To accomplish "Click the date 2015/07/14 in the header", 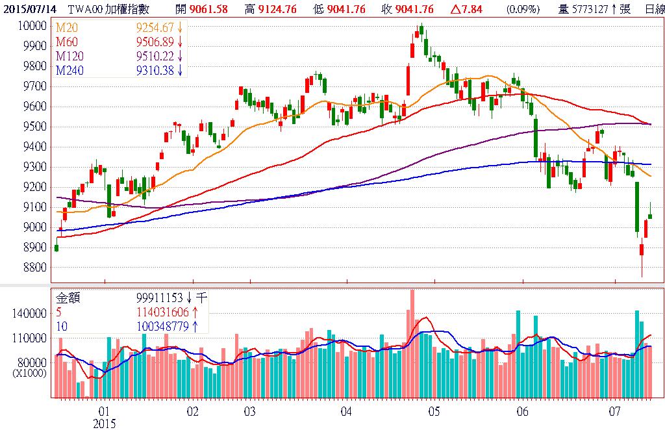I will point(25,9).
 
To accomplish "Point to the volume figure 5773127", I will point(588,9).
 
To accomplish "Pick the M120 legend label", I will point(70,56).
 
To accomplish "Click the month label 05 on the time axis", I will point(434,411).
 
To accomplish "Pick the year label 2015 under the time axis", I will point(104,424).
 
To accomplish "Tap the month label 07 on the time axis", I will point(614,411).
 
